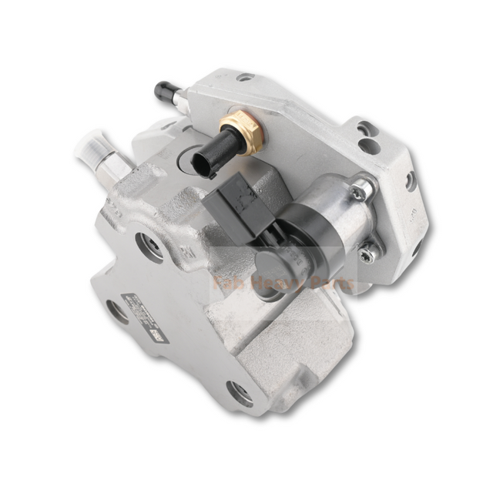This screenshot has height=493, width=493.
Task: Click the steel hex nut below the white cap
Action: (112, 169)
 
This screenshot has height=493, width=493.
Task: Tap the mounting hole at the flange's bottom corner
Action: (238, 393)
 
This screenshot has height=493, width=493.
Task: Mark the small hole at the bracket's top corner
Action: (245, 78)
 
